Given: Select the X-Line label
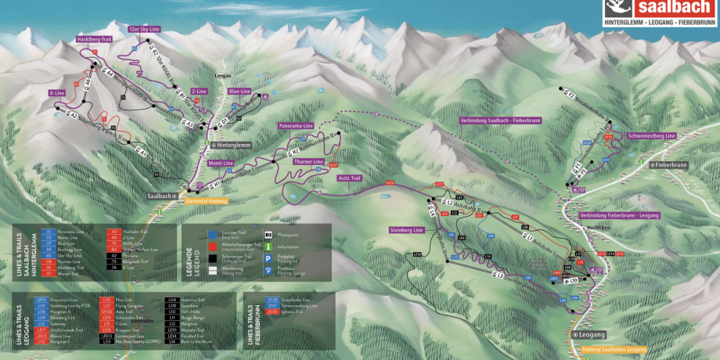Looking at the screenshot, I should click(56, 92).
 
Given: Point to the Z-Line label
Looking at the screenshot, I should click(199, 92).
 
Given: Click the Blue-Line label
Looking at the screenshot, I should click(239, 91).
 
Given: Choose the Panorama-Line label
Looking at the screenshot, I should click(296, 125).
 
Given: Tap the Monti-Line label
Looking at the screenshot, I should click(221, 163).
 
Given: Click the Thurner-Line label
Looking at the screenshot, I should click(309, 161).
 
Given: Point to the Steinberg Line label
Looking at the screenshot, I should click(406, 230).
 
